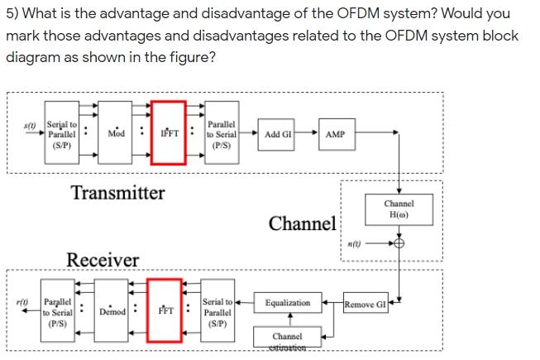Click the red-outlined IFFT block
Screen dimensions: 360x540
pyautogui.click(x=169, y=134)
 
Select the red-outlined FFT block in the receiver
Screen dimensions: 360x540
pyautogui.click(x=165, y=311)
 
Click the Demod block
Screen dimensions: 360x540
pyautogui.click(x=112, y=312)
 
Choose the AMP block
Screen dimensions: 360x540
pyautogui.click(x=336, y=134)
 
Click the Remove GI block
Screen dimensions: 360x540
pyautogui.click(x=366, y=303)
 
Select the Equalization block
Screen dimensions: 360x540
pyautogui.click(x=288, y=303)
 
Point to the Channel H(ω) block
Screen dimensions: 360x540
pyautogui.click(x=399, y=209)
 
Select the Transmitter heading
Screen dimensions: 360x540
pyautogui.click(x=117, y=194)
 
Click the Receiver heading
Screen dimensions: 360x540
pyautogui.click(x=103, y=261)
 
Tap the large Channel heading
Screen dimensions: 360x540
pyautogui.click(x=302, y=223)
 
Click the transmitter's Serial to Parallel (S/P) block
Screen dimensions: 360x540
pyautogui.click(x=61, y=134)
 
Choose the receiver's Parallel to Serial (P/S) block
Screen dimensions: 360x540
pyautogui.click(x=58, y=312)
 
